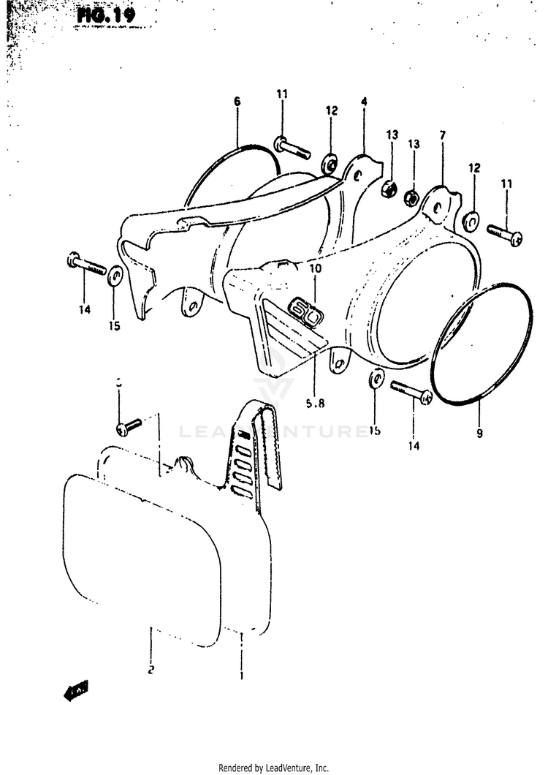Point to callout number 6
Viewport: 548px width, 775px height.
click(x=237, y=102)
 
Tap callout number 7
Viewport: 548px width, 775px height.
click(x=442, y=135)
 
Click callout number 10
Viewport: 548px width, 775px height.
click(x=315, y=268)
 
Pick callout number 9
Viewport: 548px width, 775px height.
click(x=479, y=434)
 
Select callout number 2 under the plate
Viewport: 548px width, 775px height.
click(x=150, y=668)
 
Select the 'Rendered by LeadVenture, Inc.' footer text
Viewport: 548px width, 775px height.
click(x=274, y=768)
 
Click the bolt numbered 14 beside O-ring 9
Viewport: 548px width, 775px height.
click(x=411, y=391)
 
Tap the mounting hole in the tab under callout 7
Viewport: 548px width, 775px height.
click(x=436, y=209)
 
